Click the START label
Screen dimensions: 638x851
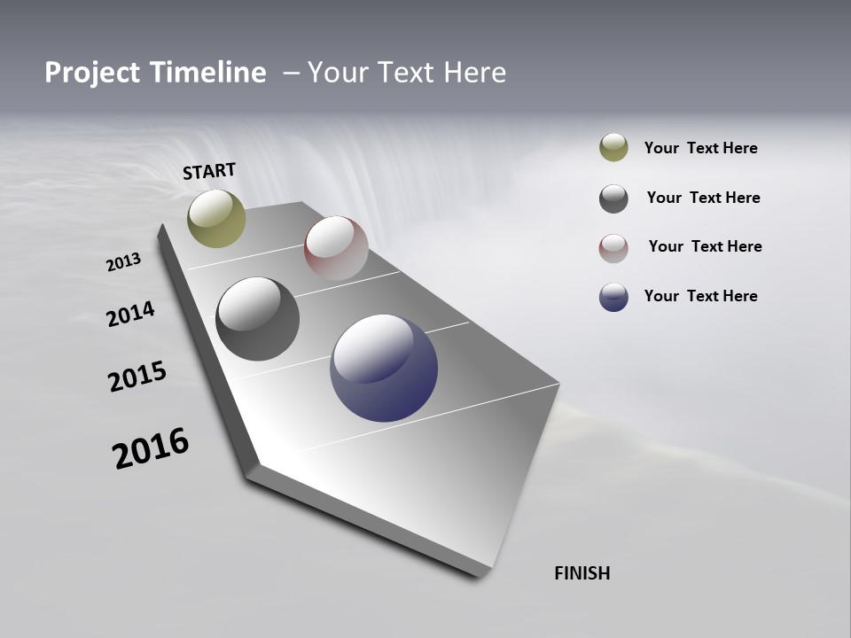pyautogui.click(x=209, y=171)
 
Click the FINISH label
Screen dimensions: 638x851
pyautogui.click(x=582, y=573)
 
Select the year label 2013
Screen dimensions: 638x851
pyautogui.click(x=123, y=262)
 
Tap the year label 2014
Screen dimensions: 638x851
pyautogui.click(x=130, y=315)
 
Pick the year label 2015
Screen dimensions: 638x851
pyautogui.click(x=137, y=377)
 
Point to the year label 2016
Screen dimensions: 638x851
pyautogui.click(x=151, y=448)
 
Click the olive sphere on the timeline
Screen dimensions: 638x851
pyautogui.click(x=216, y=218)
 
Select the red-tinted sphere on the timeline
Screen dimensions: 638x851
pyautogui.click(x=336, y=248)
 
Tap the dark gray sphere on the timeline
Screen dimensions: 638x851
pyautogui.click(x=257, y=319)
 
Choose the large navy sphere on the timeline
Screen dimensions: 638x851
pyautogui.click(x=384, y=368)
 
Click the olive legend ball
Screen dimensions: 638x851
pyautogui.click(x=613, y=148)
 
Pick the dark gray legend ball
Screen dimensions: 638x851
pyautogui.click(x=613, y=198)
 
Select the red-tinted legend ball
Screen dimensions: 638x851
pyautogui.click(x=613, y=247)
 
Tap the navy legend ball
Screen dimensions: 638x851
pyautogui.click(x=613, y=297)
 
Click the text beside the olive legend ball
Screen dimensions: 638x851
pyautogui.click(x=700, y=149)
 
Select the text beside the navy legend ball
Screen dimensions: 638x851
pyautogui.click(x=700, y=296)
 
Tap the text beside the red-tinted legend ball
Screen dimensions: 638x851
pyautogui.click(x=705, y=246)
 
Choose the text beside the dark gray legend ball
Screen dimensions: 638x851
pyautogui.click(x=703, y=198)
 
